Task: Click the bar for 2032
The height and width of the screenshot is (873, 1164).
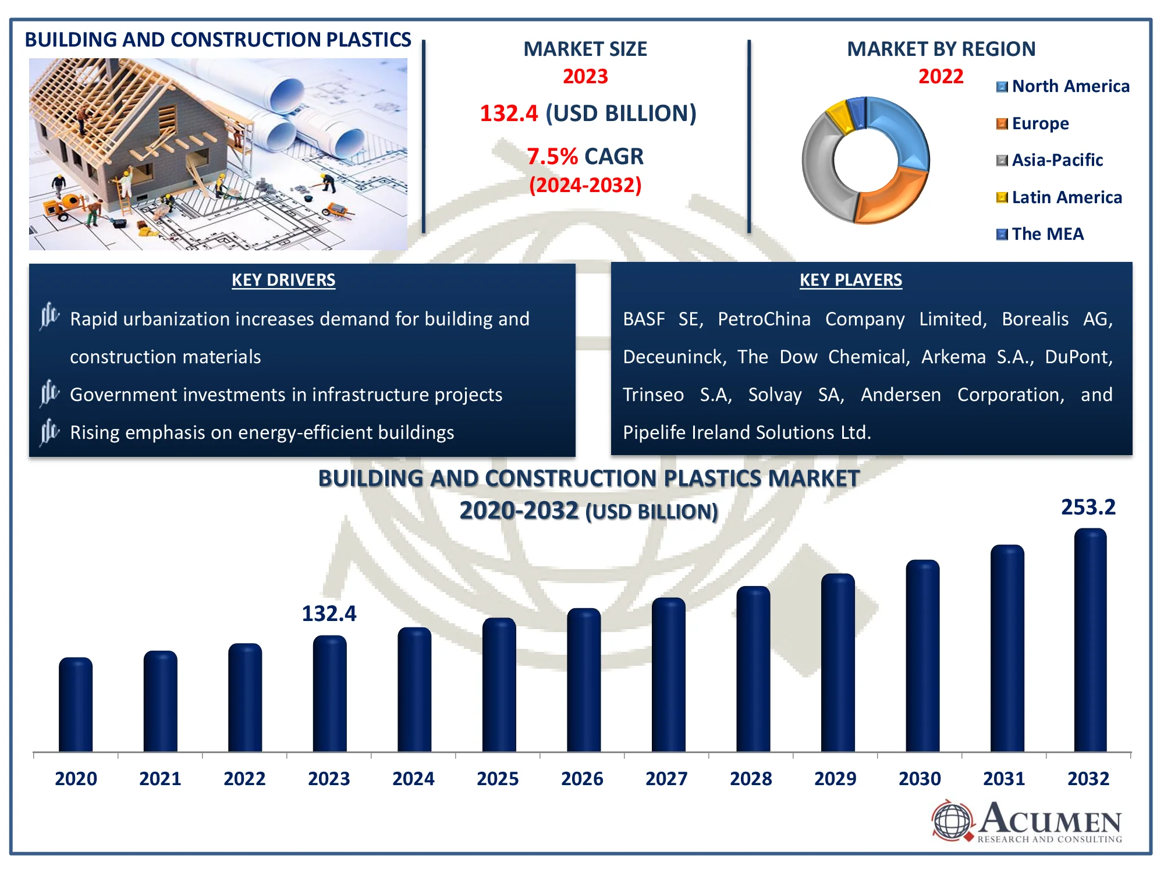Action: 1090,640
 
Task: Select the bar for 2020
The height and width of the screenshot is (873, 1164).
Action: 76,704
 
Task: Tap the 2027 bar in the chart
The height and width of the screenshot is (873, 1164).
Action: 668,675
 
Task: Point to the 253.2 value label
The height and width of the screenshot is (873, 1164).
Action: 1088,508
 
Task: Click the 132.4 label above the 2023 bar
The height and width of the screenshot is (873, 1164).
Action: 329,613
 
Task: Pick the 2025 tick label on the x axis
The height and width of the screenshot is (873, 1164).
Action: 498,779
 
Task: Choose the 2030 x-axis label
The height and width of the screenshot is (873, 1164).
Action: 920,779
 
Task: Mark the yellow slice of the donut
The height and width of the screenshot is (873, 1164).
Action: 839,116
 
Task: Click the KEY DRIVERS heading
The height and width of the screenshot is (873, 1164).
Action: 283,281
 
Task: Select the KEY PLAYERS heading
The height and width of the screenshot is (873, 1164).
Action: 850,281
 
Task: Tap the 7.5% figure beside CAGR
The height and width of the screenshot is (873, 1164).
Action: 552,157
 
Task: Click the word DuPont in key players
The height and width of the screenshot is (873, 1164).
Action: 1078,357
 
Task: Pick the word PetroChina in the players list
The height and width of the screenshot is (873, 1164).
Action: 764,319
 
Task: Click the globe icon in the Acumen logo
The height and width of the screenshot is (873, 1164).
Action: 952,821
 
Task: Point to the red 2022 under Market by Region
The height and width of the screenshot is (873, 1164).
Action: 941,76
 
